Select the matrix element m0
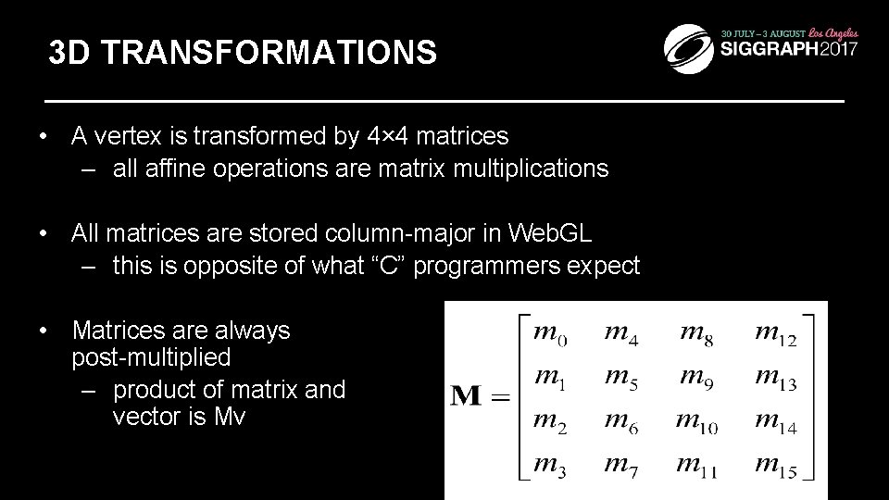(x=551, y=332)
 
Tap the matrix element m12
(x=775, y=332)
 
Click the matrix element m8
(x=696, y=332)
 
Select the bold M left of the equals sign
(x=467, y=399)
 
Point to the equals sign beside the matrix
(x=500, y=399)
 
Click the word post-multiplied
(x=151, y=356)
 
